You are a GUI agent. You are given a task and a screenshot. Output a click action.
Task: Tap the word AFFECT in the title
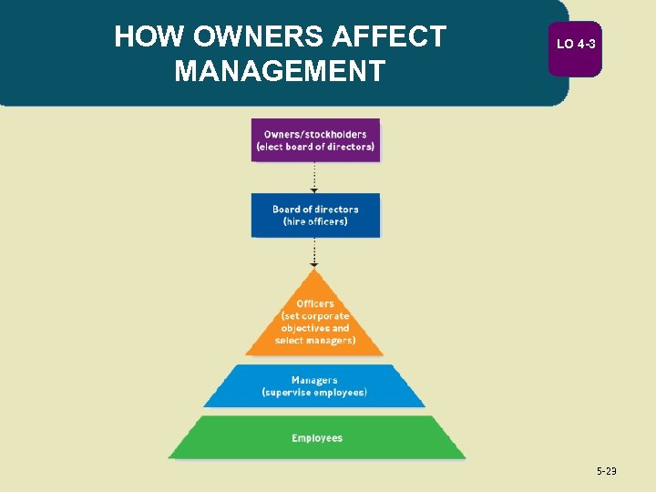click(x=392, y=36)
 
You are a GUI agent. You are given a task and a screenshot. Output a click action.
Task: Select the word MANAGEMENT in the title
click(x=280, y=70)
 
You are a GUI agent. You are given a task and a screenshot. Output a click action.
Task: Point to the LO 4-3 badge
click(x=575, y=44)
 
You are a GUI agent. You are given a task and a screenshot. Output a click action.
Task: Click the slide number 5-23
click(x=606, y=471)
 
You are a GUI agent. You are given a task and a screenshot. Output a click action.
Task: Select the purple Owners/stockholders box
click(x=315, y=140)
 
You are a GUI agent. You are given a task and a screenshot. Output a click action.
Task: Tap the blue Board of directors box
click(x=315, y=215)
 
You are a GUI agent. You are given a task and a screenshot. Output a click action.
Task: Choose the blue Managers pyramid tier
click(x=314, y=386)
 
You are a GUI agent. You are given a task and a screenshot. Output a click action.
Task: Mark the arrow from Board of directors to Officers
click(x=314, y=251)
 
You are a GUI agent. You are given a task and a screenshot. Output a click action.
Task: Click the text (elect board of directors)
click(x=315, y=147)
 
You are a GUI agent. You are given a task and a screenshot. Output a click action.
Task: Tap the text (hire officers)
click(x=315, y=221)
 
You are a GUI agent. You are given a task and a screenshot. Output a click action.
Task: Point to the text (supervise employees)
click(x=314, y=393)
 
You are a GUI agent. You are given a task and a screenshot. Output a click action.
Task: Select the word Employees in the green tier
click(x=317, y=438)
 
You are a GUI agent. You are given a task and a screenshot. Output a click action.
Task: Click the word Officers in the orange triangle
click(x=315, y=303)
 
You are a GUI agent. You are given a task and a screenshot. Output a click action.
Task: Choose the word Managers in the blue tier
click(x=314, y=380)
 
